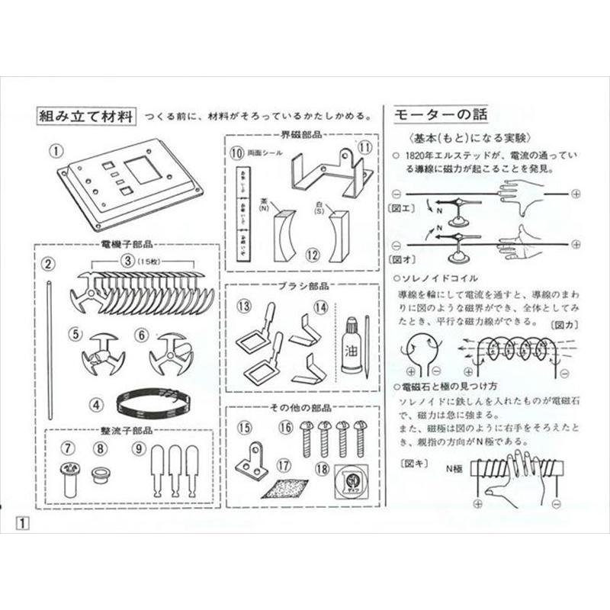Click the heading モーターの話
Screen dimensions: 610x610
point(441,115)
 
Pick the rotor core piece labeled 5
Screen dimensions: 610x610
point(102,355)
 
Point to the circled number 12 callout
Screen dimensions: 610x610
point(311,255)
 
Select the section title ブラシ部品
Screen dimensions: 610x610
point(303,288)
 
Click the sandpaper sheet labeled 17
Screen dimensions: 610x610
point(285,489)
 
